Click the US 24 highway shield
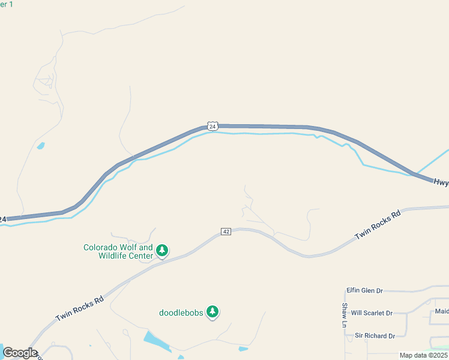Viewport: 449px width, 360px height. point(212,125)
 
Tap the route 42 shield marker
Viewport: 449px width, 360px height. point(226,232)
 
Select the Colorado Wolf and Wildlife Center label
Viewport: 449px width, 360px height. point(118,251)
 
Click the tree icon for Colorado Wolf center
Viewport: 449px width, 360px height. point(161,250)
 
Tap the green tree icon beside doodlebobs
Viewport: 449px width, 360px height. point(212,311)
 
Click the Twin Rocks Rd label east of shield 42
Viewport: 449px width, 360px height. point(378,226)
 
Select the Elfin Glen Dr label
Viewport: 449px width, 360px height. point(364,290)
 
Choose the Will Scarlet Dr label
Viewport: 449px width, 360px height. point(372,313)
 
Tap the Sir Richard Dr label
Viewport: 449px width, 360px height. point(375,335)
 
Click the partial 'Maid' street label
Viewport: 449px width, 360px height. point(442,311)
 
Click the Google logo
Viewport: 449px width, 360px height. point(20,353)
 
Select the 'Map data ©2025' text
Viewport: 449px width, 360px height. point(423,355)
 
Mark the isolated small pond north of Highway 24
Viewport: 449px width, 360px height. point(40,145)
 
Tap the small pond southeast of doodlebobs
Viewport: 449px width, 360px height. point(243,349)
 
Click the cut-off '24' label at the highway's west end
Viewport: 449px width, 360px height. point(3,220)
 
